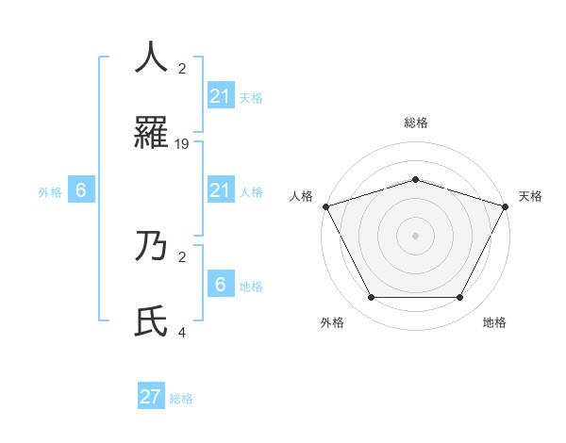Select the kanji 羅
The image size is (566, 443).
click(x=151, y=134)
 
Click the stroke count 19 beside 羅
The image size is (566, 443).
click(x=182, y=144)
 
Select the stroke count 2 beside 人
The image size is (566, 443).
click(x=182, y=68)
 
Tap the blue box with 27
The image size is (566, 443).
click(x=151, y=397)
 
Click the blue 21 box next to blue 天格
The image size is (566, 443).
click(x=220, y=96)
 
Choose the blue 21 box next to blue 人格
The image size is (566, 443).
click(x=220, y=190)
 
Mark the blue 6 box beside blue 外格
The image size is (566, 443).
click(x=81, y=190)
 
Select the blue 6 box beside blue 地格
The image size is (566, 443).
click(x=220, y=284)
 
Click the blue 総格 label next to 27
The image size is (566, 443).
click(x=181, y=399)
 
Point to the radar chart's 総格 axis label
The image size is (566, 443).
click(x=415, y=123)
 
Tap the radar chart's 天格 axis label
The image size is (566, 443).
click(x=530, y=196)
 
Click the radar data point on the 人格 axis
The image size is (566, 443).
click(x=325, y=206)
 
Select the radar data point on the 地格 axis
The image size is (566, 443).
click(x=459, y=298)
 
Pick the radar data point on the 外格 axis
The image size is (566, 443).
click(x=371, y=298)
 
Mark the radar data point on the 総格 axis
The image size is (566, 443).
click(x=415, y=179)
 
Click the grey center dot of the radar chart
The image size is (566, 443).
click(x=415, y=236)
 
